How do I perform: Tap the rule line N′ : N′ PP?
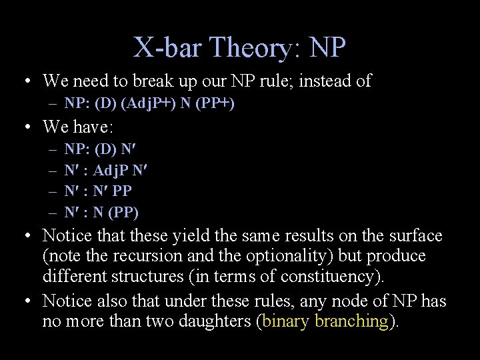98,191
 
